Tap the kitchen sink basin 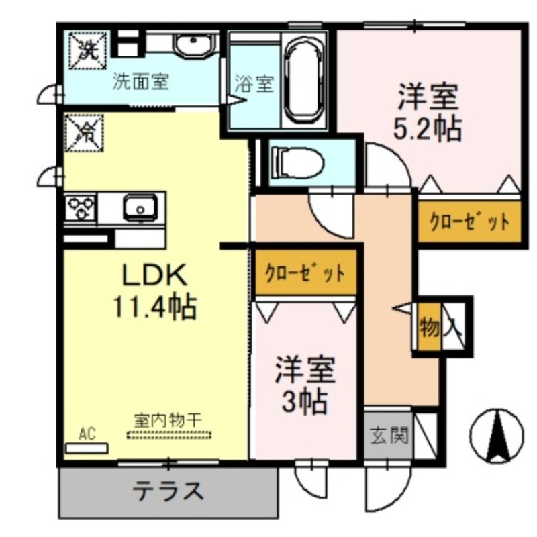(x=140, y=207)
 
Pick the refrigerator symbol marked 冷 (x=85, y=132)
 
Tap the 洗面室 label (x=140, y=83)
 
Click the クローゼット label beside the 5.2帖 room (x=469, y=222)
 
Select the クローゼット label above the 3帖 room (x=305, y=273)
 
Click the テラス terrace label (x=167, y=491)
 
